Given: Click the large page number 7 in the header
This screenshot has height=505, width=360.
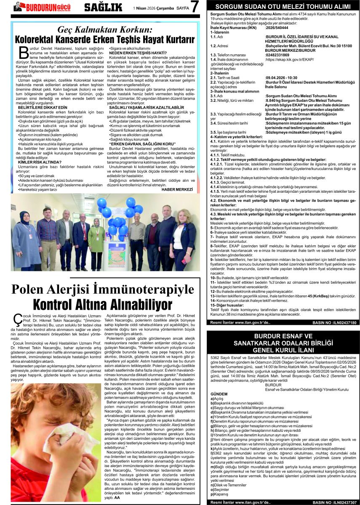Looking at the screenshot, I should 195,7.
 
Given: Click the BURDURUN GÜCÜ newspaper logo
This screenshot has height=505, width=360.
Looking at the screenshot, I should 42,7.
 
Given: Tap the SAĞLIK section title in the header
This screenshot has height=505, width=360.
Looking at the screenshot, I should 103,7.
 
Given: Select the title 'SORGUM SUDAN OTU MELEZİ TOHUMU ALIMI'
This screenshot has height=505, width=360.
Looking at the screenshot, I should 283,6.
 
